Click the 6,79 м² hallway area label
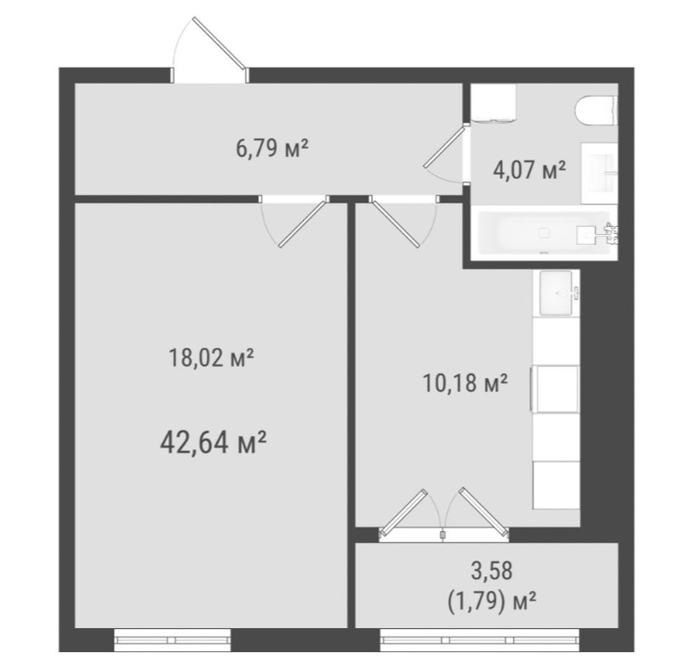[x=272, y=149]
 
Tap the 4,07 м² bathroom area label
[x=529, y=169]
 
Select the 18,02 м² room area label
[x=211, y=358]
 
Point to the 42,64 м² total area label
[x=213, y=442]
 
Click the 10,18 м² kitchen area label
[x=465, y=383]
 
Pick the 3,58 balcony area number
[x=492, y=571]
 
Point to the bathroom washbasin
[x=599, y=173]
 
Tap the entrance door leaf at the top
[x=219, y=43]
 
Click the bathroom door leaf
[x=445, y=146]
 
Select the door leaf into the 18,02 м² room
[x=303, y=223]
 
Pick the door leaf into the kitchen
[x=395, y=223]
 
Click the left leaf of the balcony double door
[x=403, y=512]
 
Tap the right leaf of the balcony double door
[x=484, y=511]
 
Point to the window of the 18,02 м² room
[x=172, y=640]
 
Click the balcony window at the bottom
[x=480, y=640]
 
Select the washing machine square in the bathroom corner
[x=493, y=102]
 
